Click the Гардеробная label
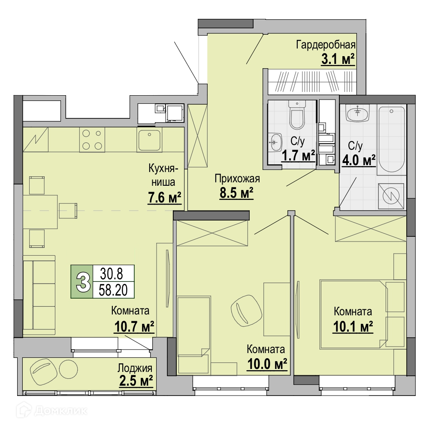click(x=326, y=45)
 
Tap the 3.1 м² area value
click(x=338, y=59)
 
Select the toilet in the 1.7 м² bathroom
click(x=297, y=115)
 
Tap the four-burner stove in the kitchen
click(x=92, y=140)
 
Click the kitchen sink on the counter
click(x=149, y=140)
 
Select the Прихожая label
click(x=237, y=178)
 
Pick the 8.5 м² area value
click(x=236, y=193)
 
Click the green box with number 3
click(x=82, y=281)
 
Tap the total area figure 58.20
click(x=113, y=290)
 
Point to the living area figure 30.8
click(x=112, y=273)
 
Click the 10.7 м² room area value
click(x=134, y=326)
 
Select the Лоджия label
click(x=135, y=368)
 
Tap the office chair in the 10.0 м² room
click(x=246, y=311)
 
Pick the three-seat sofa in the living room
click(x=39, y=295)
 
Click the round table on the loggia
click(x=68, y=369)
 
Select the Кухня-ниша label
click(x=163, y=175)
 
